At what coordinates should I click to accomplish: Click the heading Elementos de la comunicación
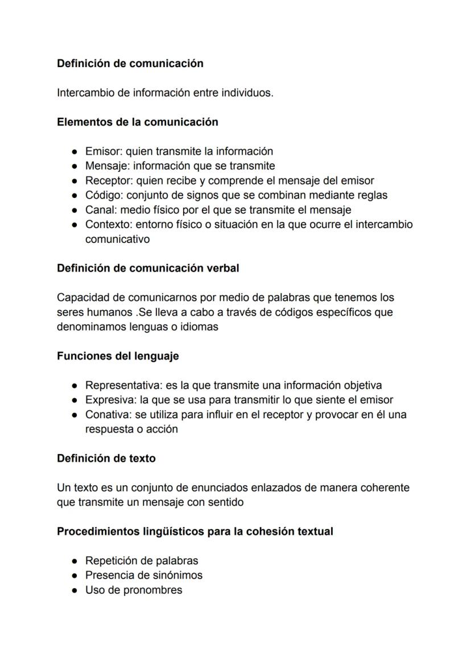(137, 122)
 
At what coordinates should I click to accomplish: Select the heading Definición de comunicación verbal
(148, 268)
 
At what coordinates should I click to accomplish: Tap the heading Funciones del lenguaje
(118, 356)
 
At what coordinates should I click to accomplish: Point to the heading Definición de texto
(106, 458)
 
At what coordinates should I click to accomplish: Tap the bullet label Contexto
(107, 224)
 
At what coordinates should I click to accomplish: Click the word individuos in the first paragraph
(248, 93)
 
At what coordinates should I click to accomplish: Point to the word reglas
(371, 195)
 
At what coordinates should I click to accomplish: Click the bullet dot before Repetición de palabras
(75, 561)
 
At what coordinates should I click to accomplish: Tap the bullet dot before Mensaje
(75, 166)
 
